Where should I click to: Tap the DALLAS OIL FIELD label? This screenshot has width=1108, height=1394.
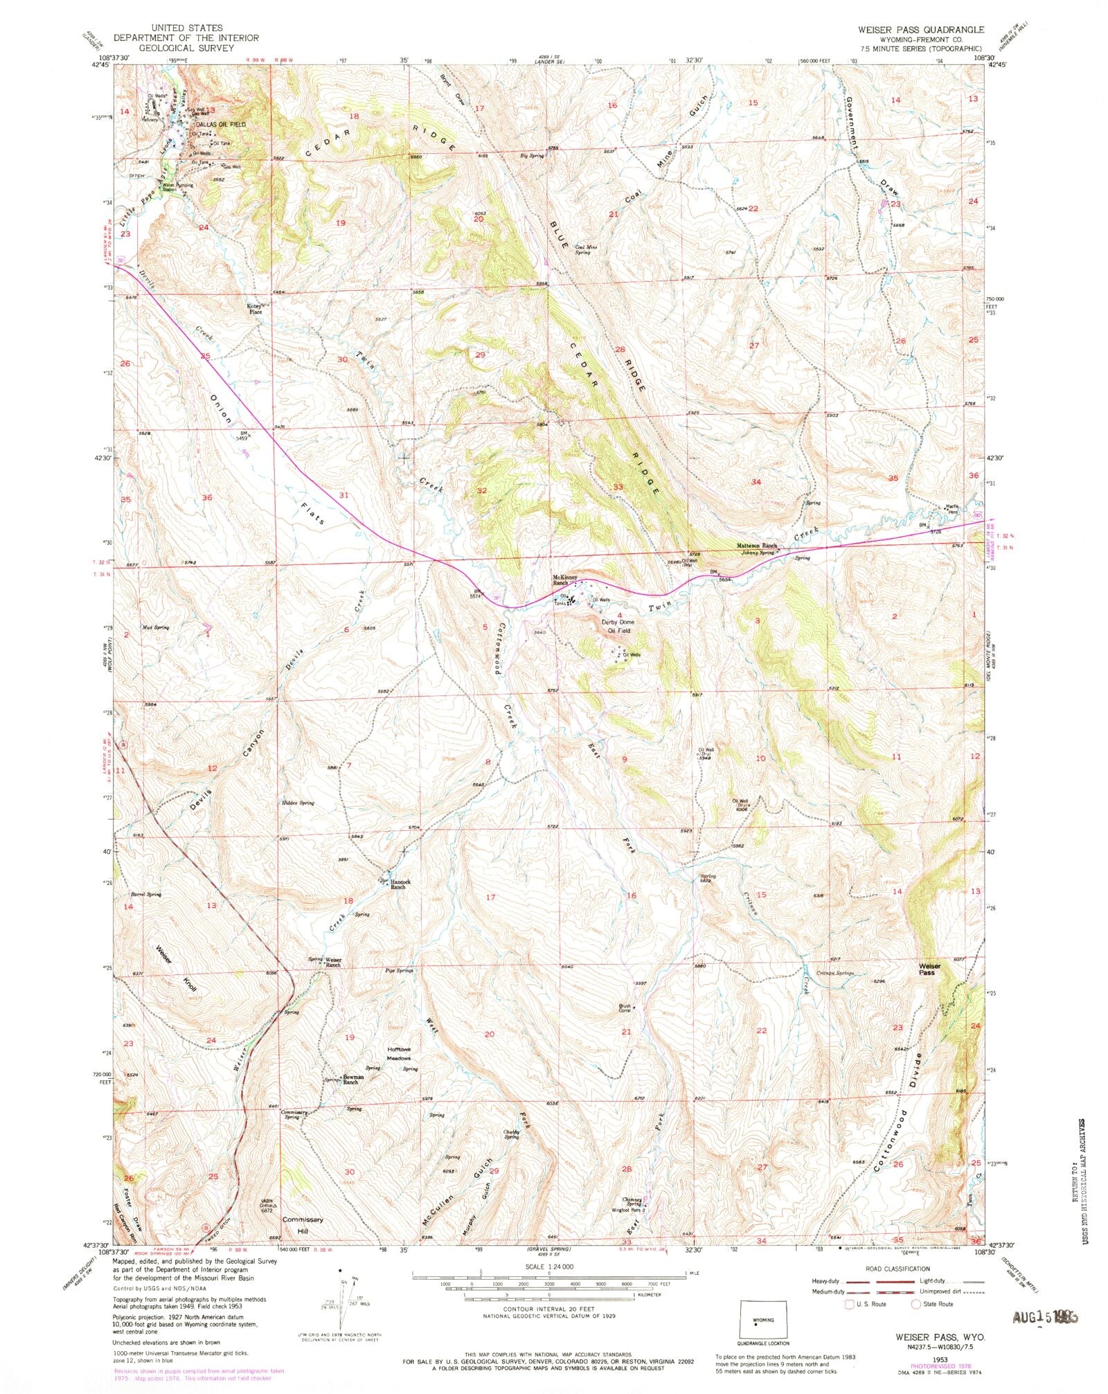(x=220, y=124)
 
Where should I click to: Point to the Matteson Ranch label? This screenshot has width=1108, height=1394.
(x=756, y=546)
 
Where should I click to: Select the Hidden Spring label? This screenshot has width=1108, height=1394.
(x=298, y=803)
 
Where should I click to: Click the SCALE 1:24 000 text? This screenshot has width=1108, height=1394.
(x=548, y=1267)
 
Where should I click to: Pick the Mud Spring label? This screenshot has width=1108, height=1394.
(x=156, y=627)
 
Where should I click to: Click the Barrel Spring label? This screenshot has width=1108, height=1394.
(x=146, y=894)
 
